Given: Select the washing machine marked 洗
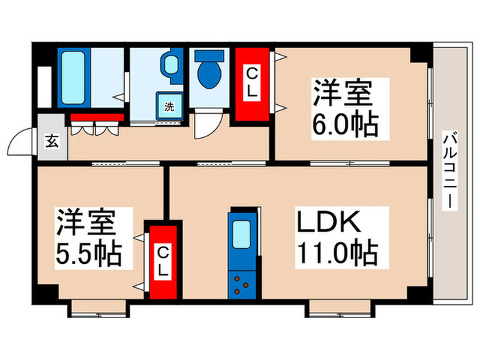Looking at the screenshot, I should (x=168, y=107).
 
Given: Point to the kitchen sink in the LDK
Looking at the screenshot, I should (x=241, y=235).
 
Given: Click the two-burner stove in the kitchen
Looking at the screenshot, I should (x=241, y=284).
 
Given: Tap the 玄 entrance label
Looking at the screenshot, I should (x=52, y=142).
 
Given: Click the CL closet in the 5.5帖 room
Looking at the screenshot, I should (x=163, y=261).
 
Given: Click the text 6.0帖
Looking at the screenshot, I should (x=346, y=125).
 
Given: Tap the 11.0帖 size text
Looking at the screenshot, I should (x=336, y=253).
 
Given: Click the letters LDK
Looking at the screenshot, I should (x=329, y=222).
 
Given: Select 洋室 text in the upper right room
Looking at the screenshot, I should (x=343, y=94).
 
